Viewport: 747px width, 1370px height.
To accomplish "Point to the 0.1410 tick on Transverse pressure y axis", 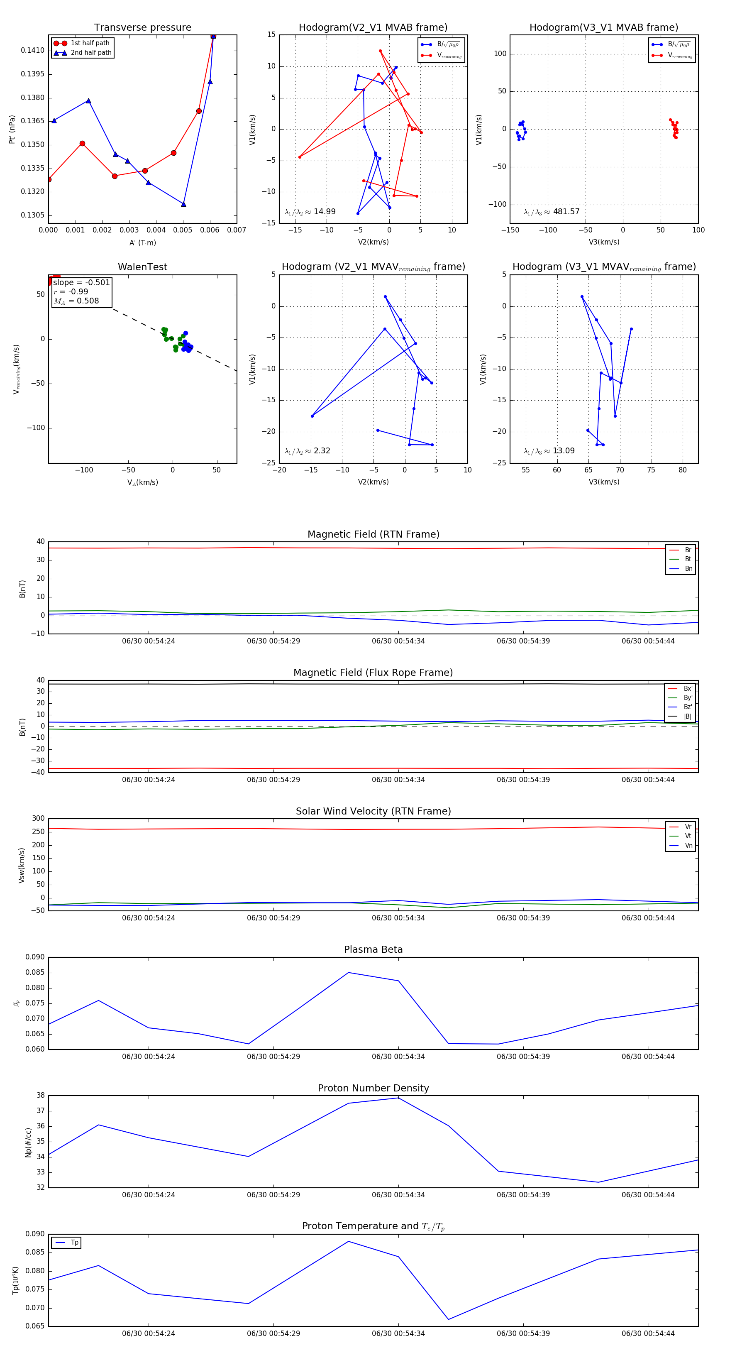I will [32, 51].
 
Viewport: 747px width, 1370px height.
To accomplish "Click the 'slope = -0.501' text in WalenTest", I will [81, 282].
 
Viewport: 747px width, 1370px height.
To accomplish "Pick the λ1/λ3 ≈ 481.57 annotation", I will [552, 212].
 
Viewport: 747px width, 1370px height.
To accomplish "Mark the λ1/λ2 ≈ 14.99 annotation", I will [310, 212].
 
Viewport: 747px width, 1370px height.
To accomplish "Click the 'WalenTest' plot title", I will [142, 267].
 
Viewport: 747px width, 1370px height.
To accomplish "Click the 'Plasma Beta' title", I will [373, 949].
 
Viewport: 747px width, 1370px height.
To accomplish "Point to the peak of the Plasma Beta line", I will [348, 973].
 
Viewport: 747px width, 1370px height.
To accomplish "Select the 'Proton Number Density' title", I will [373, 1088].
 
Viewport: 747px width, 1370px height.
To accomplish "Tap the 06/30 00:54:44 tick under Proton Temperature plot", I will [648, 1333].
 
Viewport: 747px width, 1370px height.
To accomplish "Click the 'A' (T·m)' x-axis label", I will [142, 242].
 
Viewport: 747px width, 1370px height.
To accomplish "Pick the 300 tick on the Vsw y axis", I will [38, 819].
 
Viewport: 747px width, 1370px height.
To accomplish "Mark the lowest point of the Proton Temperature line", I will [448, 1319].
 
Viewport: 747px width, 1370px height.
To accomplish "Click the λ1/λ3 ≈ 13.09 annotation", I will [549, 451].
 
